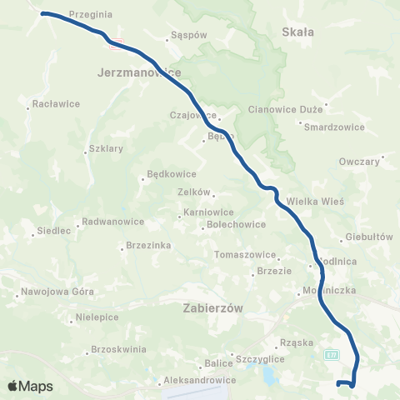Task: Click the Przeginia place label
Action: click(x=92, y=14)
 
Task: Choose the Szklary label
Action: click(x=105, y=150)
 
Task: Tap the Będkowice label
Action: click(x=171, y=175)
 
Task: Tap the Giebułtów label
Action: click(x=367, y=237)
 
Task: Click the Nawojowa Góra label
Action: click(x=56, y=293)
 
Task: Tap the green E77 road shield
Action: click(x=333, y=354)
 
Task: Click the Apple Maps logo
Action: click(x=30, y=386)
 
